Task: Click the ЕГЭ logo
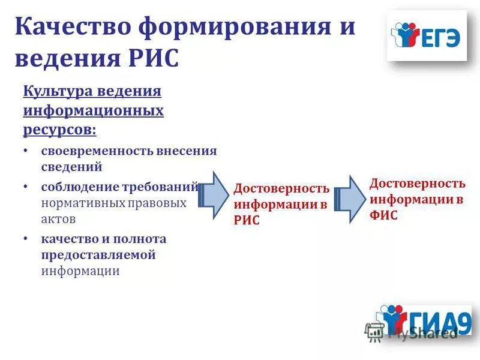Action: pyautogui.click(x=427, y=37)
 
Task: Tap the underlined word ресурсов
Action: pyautogui.click(x=58, y=129)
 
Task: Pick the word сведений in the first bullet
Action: pyautogui.click(x=71, y=166)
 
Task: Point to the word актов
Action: pyautogui.click(x=58, y=219)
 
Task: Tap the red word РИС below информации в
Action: pyautogui.click(x=246, y=220)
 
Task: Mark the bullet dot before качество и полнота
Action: pyautogui.click(x=26, y=239)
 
